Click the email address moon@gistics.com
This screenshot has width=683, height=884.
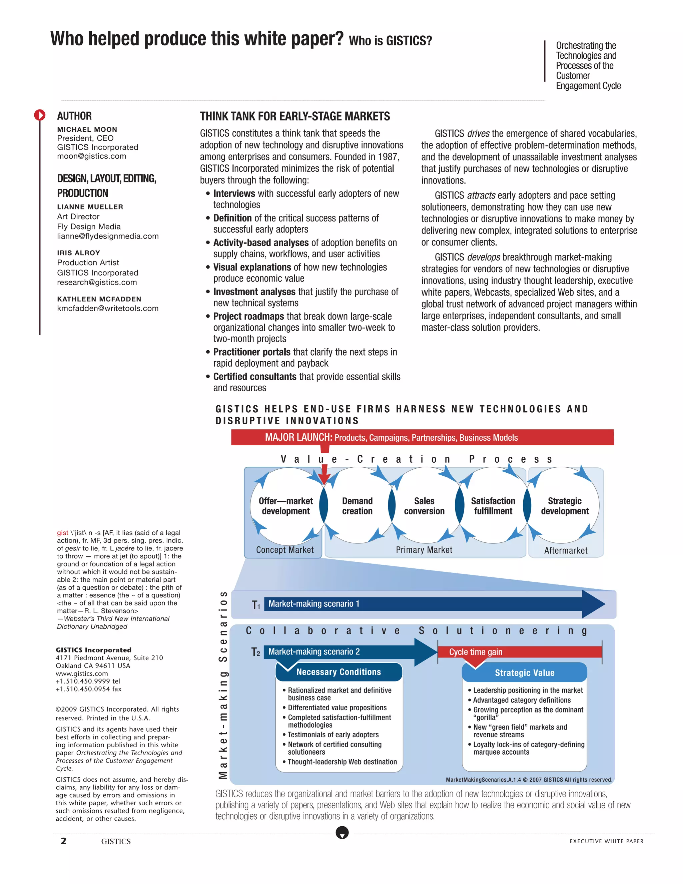coord(91,156)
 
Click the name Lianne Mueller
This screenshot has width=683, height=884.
coord(90,207)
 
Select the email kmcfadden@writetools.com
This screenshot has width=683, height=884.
coord(108,309)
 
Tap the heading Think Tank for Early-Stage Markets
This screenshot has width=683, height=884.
coord(294,116)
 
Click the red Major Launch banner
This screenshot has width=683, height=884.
coord(422,438)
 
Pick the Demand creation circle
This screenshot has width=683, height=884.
coord(357,506)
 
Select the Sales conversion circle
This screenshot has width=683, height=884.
coord(424,506)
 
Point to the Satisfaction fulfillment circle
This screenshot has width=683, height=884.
coord(493,506)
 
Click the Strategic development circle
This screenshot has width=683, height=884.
coord(565,506)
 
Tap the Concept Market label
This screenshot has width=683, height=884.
coord(285,550)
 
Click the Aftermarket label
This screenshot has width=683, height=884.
coord(566,550)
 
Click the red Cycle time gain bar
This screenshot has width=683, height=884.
coord(520,652)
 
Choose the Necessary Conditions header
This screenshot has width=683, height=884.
coord(339,672)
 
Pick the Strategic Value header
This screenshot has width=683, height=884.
coord(524,673)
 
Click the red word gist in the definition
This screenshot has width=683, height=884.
coord(63,533)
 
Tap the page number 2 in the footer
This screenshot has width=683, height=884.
coord(63,841)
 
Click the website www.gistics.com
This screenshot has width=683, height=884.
coord(82,674)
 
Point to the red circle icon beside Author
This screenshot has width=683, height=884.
coord(40,115)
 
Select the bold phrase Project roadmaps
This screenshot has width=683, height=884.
coord(248,317)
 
